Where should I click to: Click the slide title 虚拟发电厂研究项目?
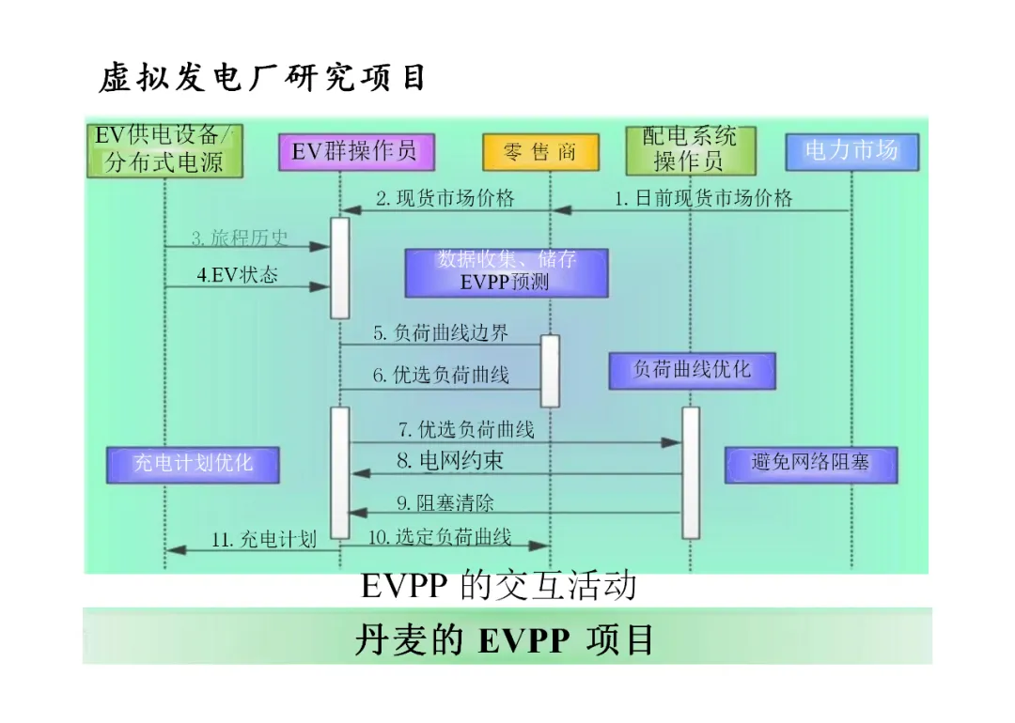(262, 79)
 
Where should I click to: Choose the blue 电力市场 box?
(851, 151)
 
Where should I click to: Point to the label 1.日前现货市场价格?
(703, 198)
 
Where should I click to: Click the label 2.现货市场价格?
(445, 198)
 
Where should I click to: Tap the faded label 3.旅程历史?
(240, 238)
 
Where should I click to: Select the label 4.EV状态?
(237, 276)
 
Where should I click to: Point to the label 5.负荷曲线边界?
(440, 332)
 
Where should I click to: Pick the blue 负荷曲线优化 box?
(692, 370)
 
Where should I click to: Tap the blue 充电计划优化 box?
(193, 464)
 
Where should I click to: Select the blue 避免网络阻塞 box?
(810, 464)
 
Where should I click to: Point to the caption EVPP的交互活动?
(498, 586)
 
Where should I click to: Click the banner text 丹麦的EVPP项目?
(505, 640)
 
